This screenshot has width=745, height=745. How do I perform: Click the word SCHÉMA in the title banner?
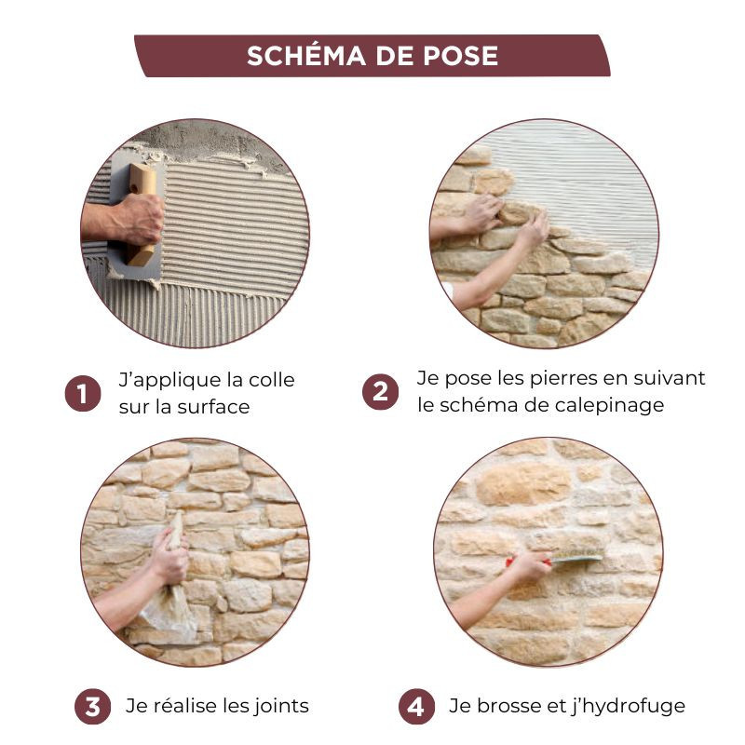(306, 55)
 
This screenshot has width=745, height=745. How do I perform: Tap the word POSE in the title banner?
(460, 56)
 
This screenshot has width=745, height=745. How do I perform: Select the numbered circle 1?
(83, 393)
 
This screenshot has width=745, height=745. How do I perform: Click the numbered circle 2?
(380, 392)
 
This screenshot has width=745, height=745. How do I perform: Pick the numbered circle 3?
(92, 707)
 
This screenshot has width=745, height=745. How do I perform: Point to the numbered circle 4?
(416, 707)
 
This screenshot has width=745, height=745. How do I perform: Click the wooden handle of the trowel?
(142, 214)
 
